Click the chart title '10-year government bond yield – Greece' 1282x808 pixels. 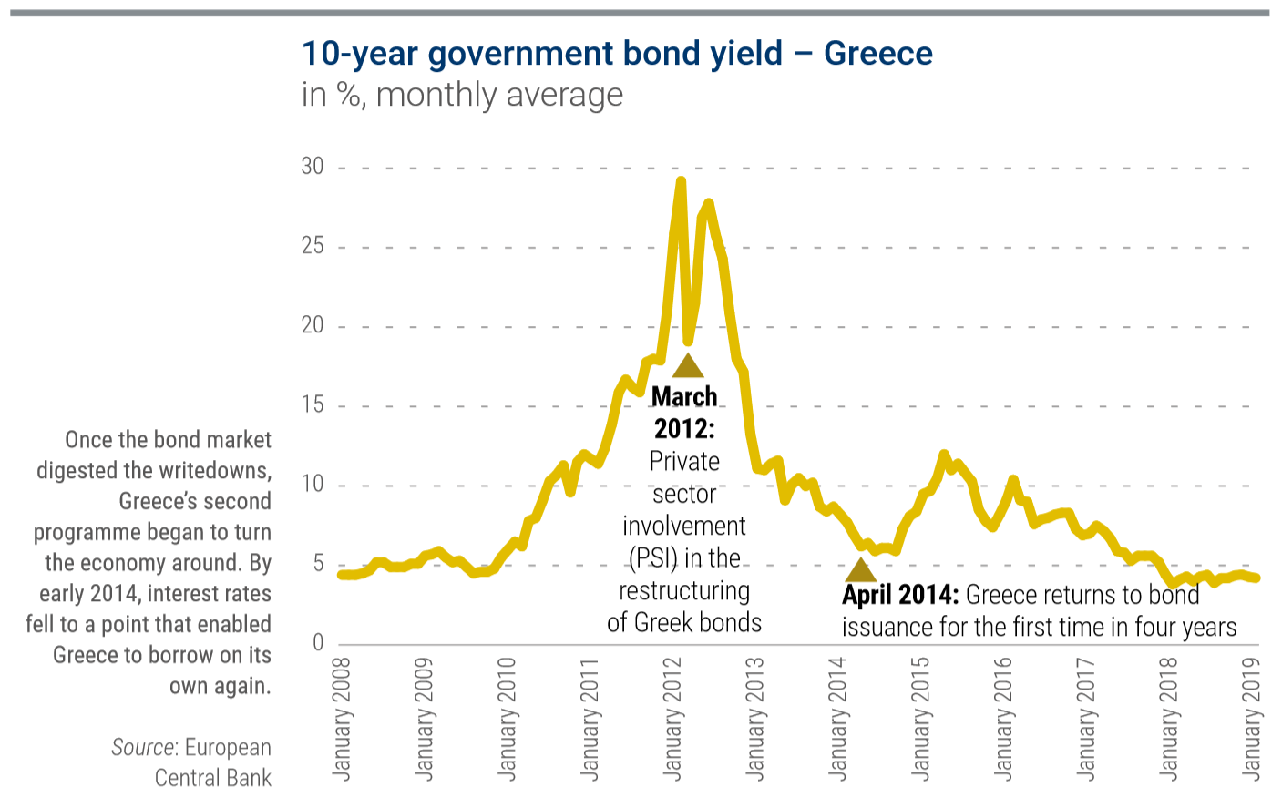[617, 54]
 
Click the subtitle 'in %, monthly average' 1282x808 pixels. [462, 95]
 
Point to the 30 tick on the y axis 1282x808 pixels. [313, 167]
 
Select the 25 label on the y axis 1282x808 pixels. [313, 246]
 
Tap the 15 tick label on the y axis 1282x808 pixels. [313, 404]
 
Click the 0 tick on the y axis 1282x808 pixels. [318, 643]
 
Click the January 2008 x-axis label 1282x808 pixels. [342, 719]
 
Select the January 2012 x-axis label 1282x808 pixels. [672, 719]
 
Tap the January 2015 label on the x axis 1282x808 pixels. [920, 719]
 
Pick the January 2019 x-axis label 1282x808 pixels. [1252, 719]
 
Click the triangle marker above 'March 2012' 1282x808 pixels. [688, 366]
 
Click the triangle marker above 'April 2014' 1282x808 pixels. [860, 570]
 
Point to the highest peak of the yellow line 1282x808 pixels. [680, 181]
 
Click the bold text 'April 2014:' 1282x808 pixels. [899, 596]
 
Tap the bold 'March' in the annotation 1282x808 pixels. [684, 397]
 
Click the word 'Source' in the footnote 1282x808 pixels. [143, 748]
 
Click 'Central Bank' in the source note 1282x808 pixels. [212, 778]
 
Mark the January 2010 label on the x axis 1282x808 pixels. [507, 719]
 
